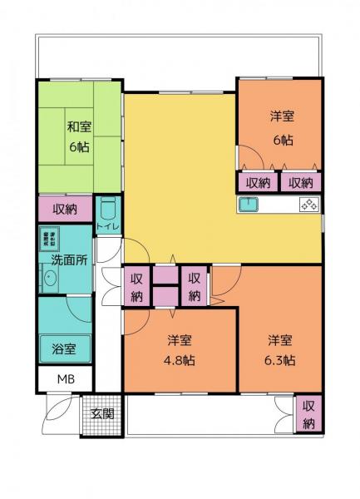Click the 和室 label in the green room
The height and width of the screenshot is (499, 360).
[79, 127]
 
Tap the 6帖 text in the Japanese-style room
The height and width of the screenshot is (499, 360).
[79, 146]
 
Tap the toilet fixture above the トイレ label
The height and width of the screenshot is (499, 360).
[108, 209]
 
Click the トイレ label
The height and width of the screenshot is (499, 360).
[108, 226]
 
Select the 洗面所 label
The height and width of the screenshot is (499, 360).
[67, 259]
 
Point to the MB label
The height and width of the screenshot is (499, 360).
[65, 380]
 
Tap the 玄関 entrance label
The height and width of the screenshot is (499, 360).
[102, 413]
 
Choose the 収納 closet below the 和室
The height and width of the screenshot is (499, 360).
[67, 209]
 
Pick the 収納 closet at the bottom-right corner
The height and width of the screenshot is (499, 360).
[308, 415]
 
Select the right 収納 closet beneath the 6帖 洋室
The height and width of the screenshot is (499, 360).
[300, 181]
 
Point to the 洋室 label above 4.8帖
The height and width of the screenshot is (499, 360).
[179, 340]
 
